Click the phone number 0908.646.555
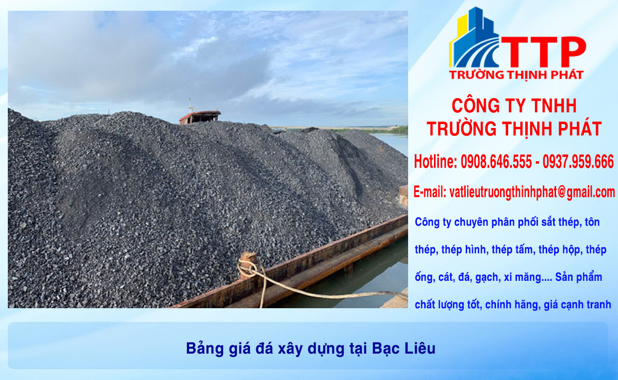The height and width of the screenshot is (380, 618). pyautogui.click(x=496, y=162)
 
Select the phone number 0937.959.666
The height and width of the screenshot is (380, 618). pyautogui.click(x=578, y=162)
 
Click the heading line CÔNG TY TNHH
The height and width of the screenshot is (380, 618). pyautogui.click(x=514, y=106)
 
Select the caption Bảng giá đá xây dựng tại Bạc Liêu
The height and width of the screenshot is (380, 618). pyautogui.click(x=310, y=348)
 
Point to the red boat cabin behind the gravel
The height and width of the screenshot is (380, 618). pyautogui.click(x=200, y=116)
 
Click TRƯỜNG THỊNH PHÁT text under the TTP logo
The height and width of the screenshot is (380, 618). pyautogui.click(x=516, y=75)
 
